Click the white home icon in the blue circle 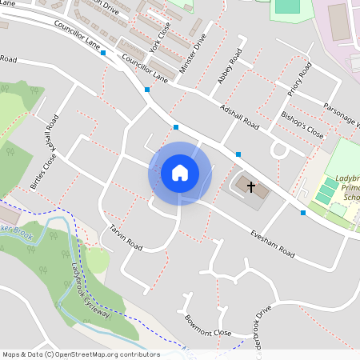click(x=180, y=173)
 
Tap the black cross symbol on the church click(x=251, y=188)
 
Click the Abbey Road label click(x=230, y=67)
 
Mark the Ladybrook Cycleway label click(x=90, y=289)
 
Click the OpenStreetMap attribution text click(x=81, y=354)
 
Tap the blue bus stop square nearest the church click(x=238, y=154)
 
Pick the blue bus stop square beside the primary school click(x=303, y=213)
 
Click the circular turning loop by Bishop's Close click(x=280, y=150)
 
